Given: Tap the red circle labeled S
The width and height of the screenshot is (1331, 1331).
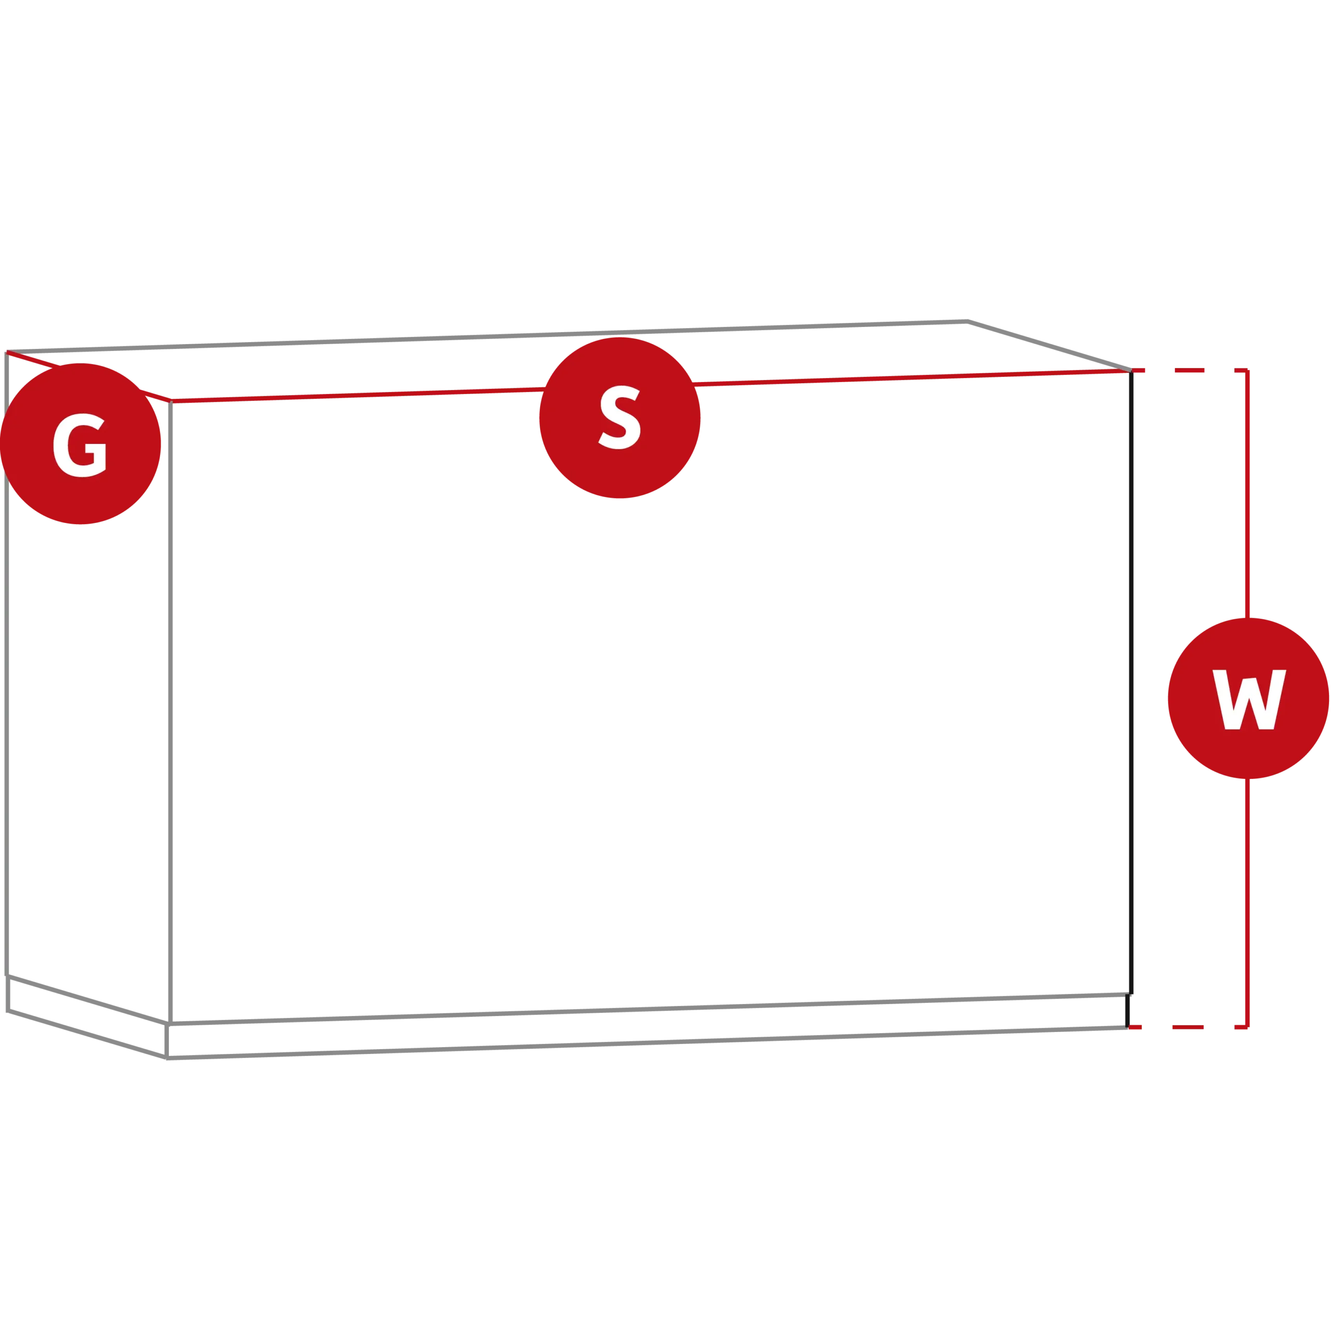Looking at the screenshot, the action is pos(620,417).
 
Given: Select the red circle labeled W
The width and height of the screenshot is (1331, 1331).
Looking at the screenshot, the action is pos(1248,699).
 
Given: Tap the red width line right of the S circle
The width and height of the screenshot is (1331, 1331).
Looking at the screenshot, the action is pos(911,377).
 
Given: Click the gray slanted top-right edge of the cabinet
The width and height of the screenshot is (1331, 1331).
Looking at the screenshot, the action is pos(1049,346).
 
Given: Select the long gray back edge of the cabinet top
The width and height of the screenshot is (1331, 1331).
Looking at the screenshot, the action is pos(487,337).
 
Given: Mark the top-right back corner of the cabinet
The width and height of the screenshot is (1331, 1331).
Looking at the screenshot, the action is pos(968,321).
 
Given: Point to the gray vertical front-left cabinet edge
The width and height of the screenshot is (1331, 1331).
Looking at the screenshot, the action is pos(170,712).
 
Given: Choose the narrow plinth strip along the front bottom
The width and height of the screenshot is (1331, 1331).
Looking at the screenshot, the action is pos(648,1026).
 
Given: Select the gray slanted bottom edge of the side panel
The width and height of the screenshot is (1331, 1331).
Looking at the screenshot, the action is pos(88,999).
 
